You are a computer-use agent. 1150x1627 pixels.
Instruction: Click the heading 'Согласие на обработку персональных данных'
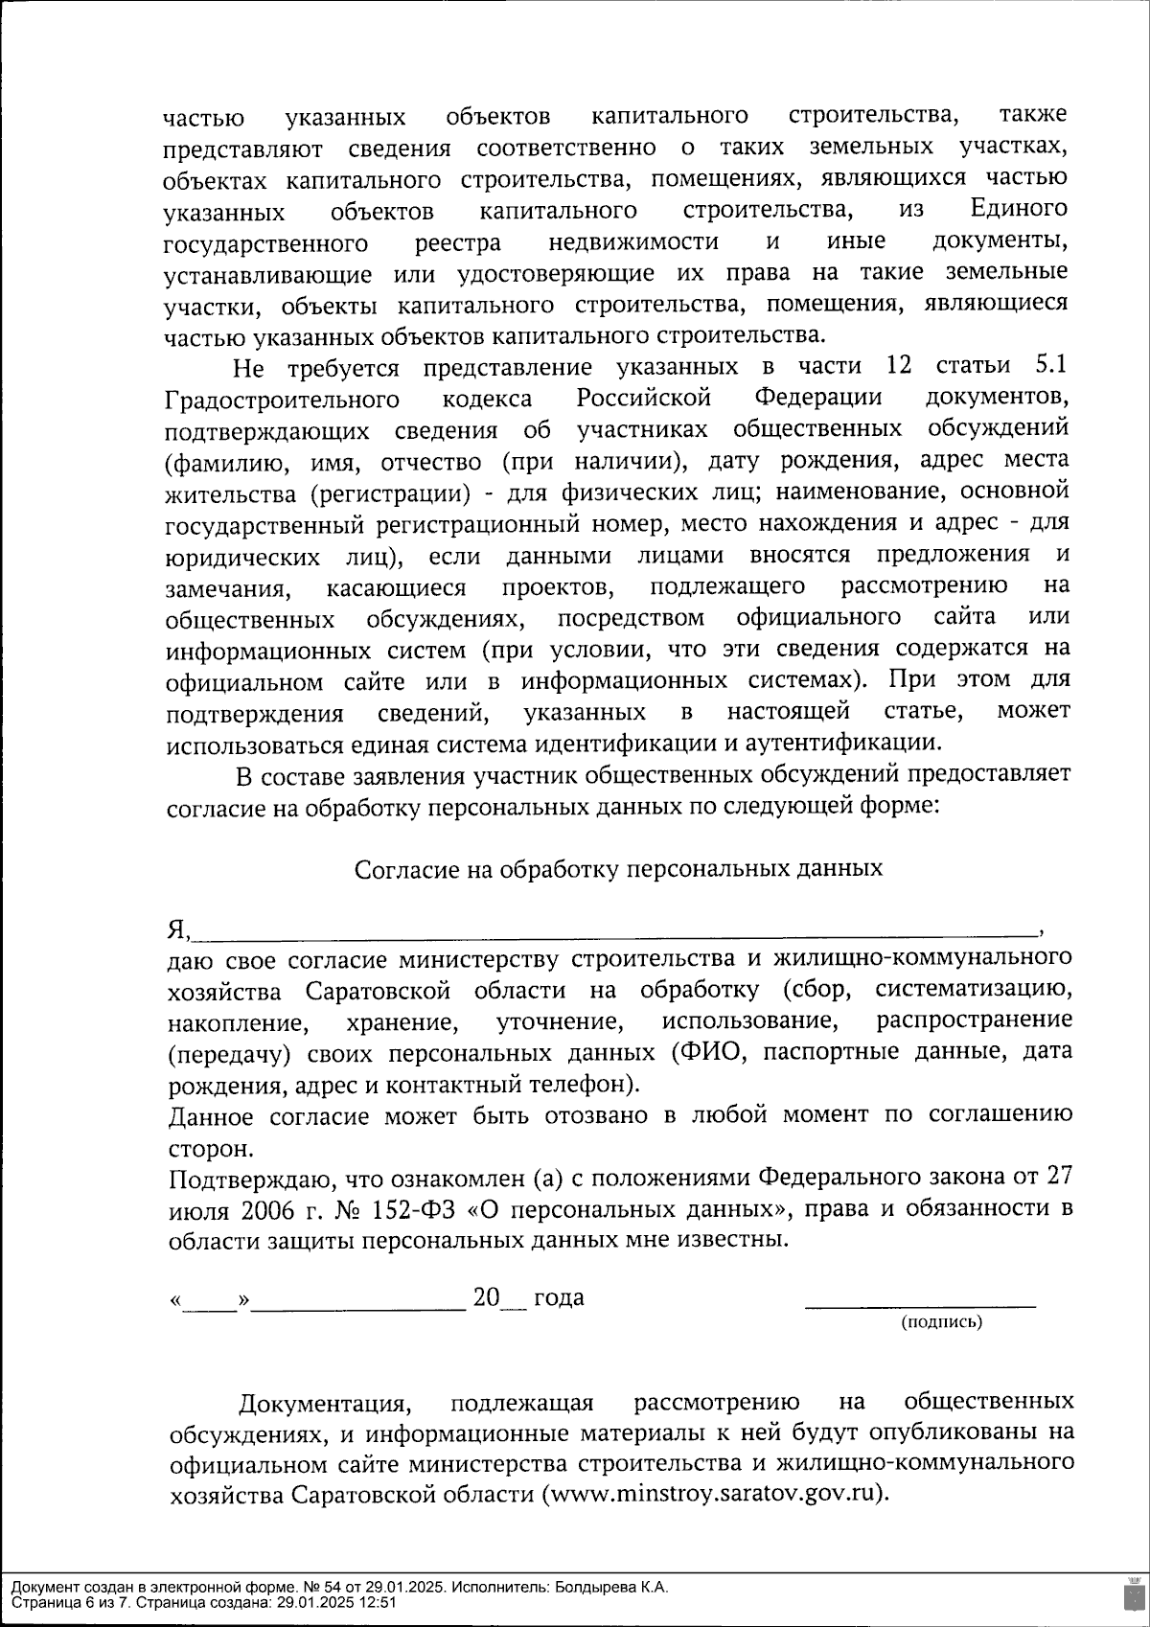point(618,869)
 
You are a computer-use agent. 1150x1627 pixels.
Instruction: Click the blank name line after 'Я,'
point(613,928)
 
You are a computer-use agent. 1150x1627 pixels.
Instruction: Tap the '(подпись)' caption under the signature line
point(941,1322)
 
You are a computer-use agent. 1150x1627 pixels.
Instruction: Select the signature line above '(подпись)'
point(920,1304)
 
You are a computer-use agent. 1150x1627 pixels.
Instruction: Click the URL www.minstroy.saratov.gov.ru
point(716,1495)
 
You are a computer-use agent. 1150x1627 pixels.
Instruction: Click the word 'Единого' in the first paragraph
point(1019,209)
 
